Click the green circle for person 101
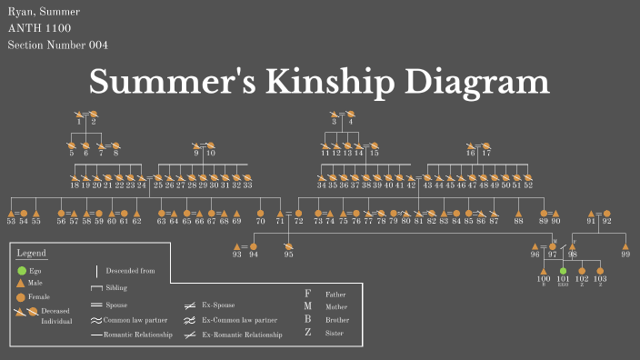point(563,271)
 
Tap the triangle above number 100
point(544,271)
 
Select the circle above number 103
point(600,271)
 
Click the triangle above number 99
point(625,246)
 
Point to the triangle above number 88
point(518,214)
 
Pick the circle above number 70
point(260,214)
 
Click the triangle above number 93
point(237,246)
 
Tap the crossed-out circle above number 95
point(288,246)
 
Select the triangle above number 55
point(36,214)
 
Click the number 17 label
point(486,154)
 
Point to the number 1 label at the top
point(79,122)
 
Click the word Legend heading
point(32,253)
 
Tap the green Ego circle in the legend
point(21,270)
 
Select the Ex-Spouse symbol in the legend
point(192,305)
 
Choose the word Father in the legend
point(335,295)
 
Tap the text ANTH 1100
point(38,28)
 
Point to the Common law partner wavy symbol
point(96,320)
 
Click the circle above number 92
point(606,214)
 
